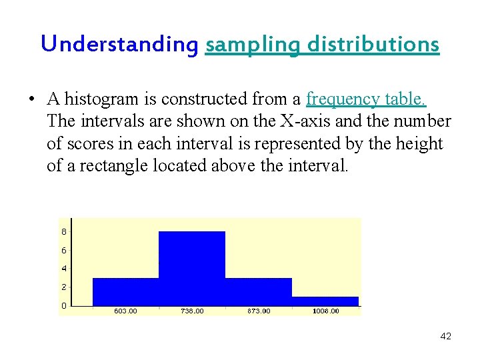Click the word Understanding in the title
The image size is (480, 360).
coord(119,45)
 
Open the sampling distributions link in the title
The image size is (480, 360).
coord(323,45)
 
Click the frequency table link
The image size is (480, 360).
coord(366,99)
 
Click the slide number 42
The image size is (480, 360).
coord(446,336)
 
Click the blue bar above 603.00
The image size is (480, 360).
coord(125,292)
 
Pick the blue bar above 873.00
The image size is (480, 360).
coord(259,292)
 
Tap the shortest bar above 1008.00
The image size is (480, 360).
coord(325,301)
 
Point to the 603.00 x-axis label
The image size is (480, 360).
coord(125,311)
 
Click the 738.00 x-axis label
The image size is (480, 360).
coord(192,311)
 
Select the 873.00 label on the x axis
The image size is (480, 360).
coord(259,311)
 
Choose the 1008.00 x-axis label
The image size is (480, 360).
coord(325,311)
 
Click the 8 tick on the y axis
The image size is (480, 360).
coord(63,232)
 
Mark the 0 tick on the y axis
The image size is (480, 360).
coord(63,305)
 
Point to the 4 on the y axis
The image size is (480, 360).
coord(63,269)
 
